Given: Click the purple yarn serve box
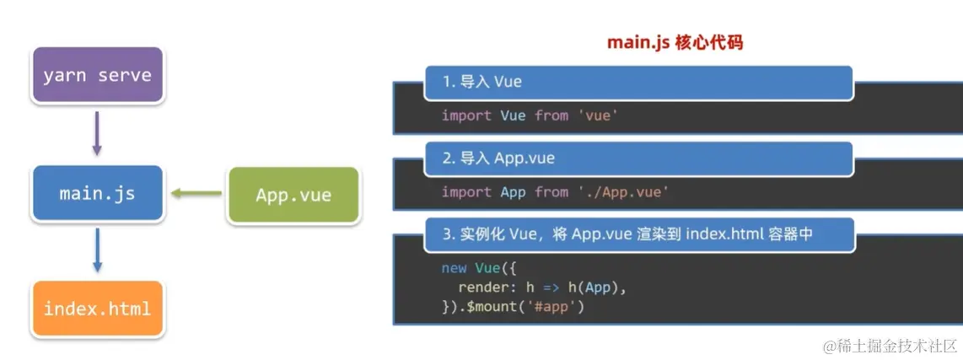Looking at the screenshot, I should (97, 75).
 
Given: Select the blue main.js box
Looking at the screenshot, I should (97, 193).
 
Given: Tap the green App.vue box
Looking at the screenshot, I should (293, 195).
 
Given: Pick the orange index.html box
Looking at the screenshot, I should (97, 309).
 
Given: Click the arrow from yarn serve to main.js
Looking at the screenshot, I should (97, 133).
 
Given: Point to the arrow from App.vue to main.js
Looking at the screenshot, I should (196, 194).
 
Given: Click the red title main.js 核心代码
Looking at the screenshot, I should (675, 42).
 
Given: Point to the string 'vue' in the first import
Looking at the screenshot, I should (598, 116).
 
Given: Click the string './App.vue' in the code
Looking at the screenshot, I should (623, 192).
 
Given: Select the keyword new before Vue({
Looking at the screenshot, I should (454, 268).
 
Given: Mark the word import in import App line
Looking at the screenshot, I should (466, 192).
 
